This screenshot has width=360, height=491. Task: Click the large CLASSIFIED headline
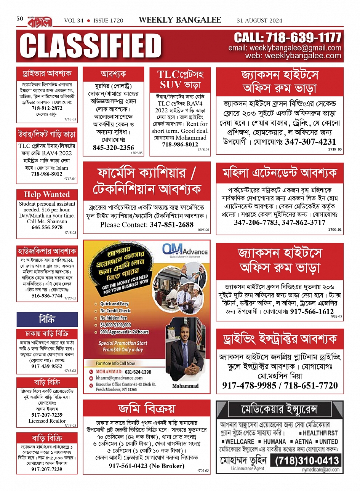coord(91,46)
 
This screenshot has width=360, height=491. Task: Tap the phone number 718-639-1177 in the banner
coord(288,37)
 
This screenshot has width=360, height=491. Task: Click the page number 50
coord(20,18)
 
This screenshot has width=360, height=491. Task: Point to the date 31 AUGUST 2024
coord(259,21)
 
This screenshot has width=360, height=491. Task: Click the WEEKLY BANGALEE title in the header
coord(180,20)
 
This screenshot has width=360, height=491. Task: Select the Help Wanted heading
coord(47,194)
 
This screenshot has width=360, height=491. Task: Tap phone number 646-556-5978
coord(47,227)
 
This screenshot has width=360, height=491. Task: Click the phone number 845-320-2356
coord(114,147)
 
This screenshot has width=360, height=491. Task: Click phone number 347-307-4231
coord(310,142)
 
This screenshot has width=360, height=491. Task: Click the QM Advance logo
coord(185,251)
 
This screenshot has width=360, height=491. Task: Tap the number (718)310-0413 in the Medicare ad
coord(307,461)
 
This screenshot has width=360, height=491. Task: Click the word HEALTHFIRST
coord(320,433)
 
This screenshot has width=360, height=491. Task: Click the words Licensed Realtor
coord(47,421)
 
